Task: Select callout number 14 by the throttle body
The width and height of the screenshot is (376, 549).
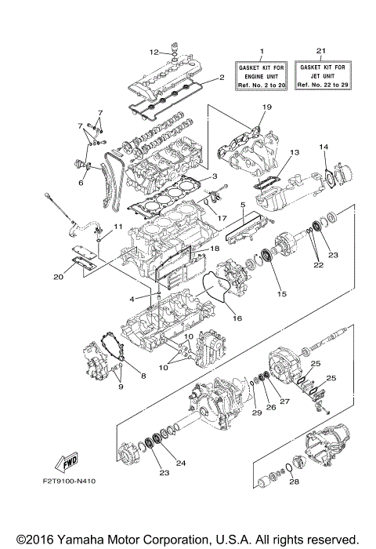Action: [x=323, y=147]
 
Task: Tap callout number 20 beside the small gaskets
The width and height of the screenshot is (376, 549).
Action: [x=60, y=276]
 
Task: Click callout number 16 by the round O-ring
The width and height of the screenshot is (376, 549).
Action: [x=236, y=319]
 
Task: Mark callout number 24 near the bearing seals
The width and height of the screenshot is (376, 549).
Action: [x=182, y=464]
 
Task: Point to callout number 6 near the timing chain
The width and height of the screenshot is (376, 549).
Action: [x=80, y=182]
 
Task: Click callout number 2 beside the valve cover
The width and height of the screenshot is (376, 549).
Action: [x=222, y=78]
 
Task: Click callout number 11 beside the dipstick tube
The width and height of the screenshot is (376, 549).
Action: [x=117, y=227]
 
